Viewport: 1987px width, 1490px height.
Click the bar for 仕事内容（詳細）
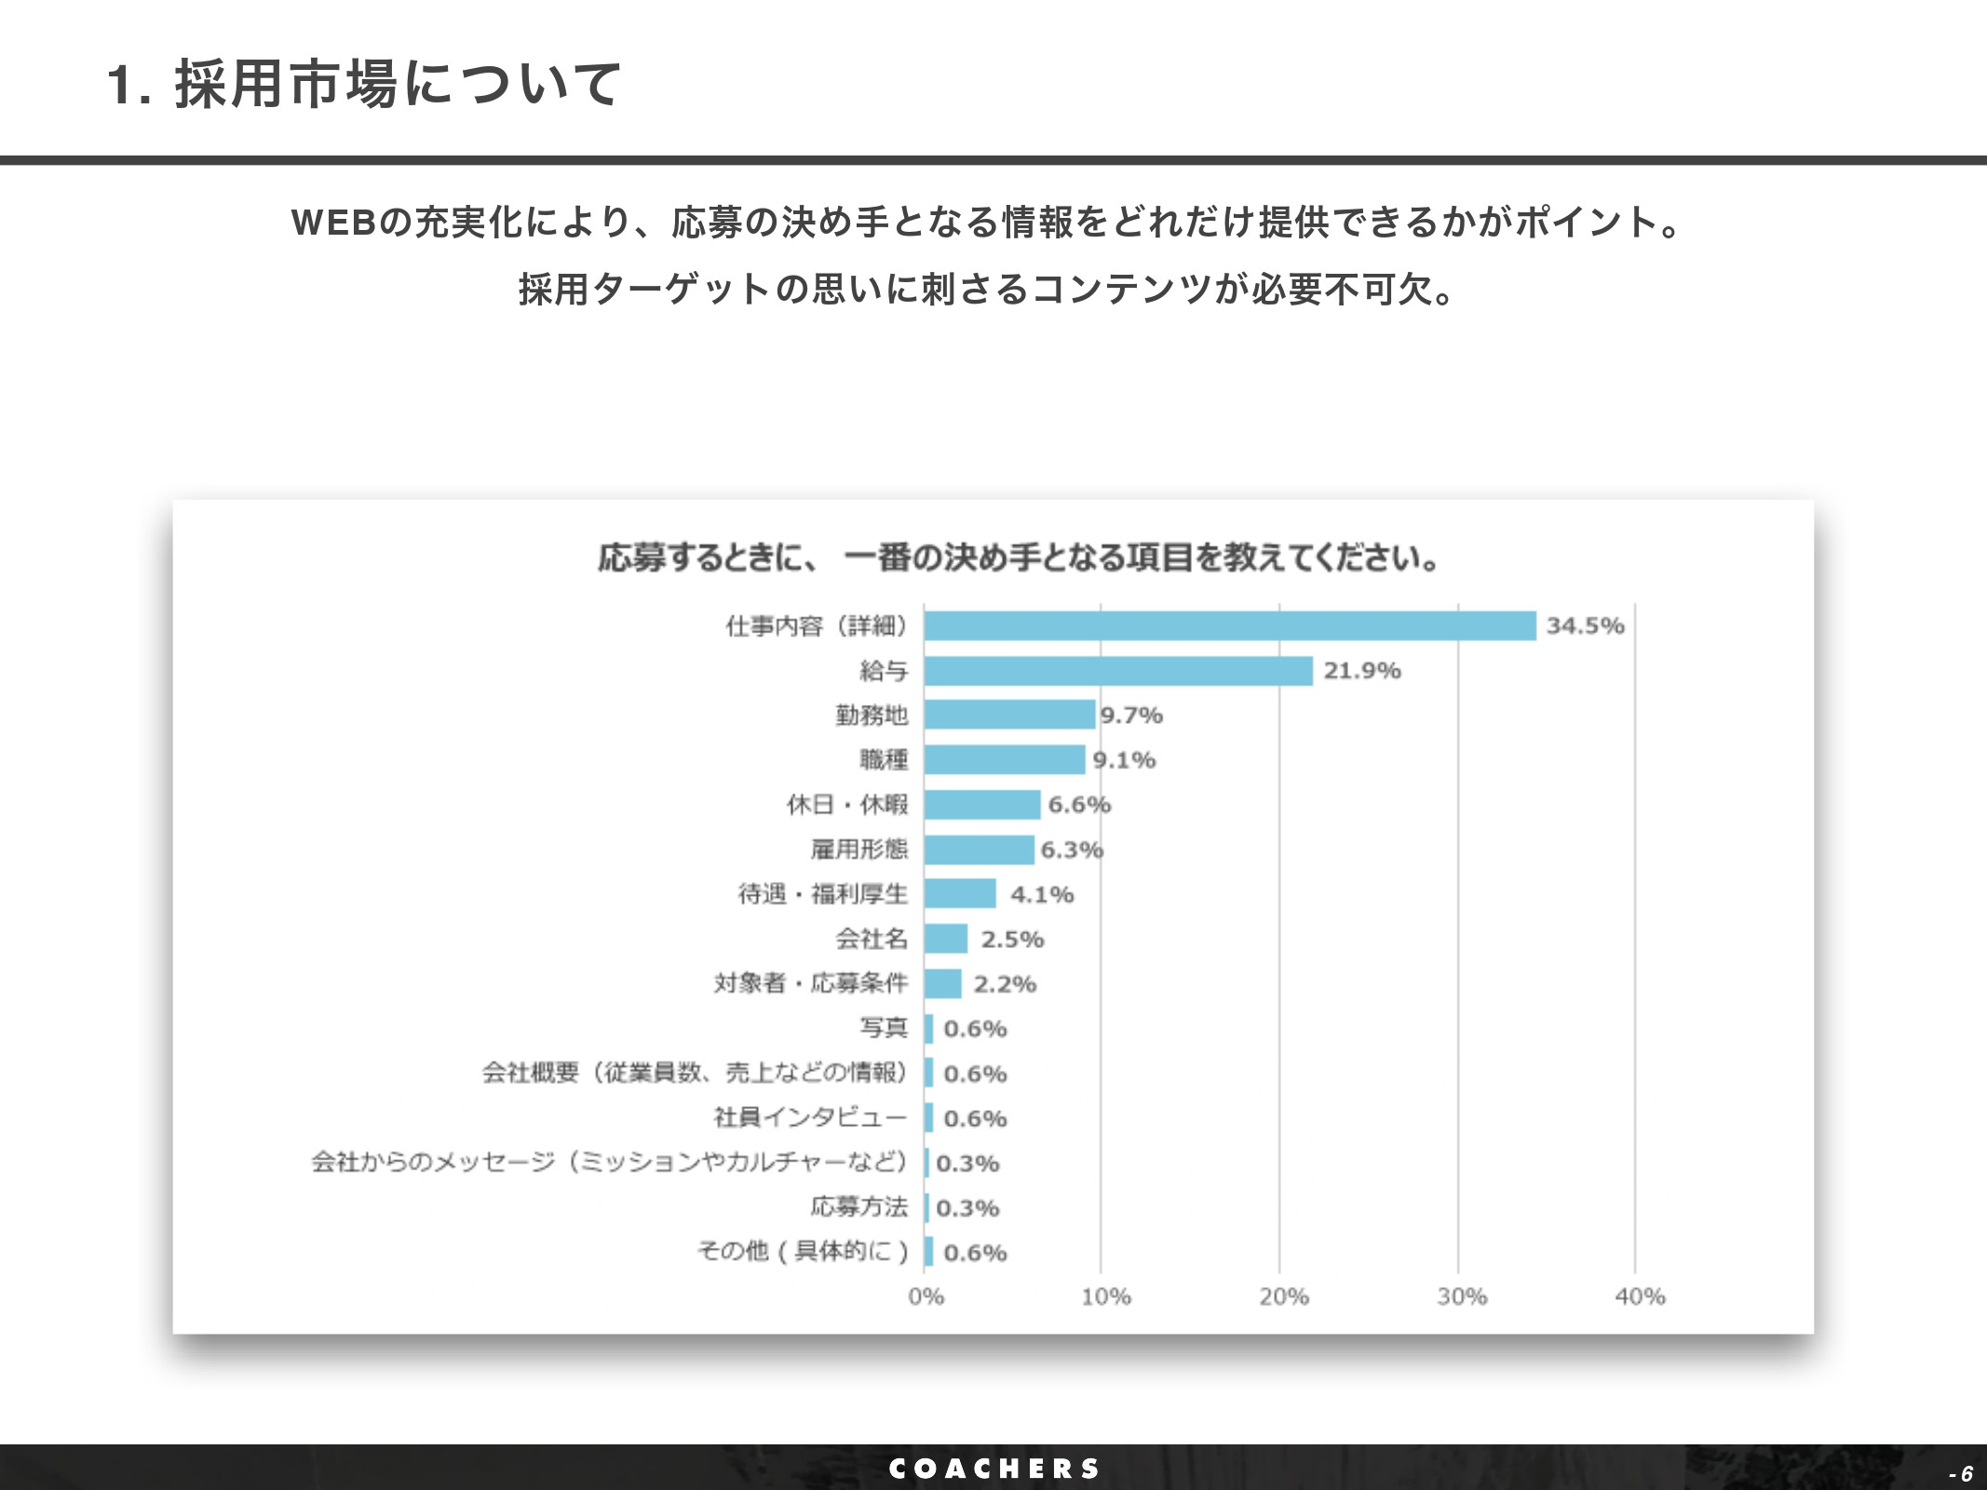[1229, 626]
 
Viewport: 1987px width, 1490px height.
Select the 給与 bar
[1118, 670]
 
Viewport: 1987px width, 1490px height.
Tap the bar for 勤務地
[1009, 715]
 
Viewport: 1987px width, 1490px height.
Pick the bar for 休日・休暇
[982, 805]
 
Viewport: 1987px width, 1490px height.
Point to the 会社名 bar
[946, 939]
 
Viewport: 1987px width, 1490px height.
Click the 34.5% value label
[1585, 626]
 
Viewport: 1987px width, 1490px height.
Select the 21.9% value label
[1361, 670]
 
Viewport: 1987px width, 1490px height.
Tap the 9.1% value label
[1124, 760]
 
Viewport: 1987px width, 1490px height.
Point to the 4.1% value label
[1042, 895]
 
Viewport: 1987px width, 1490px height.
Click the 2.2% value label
[1005, 984]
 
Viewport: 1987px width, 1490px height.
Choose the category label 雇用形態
[858, 849]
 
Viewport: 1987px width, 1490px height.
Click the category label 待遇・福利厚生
[822, 894]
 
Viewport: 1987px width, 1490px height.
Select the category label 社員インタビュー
[810, 1117]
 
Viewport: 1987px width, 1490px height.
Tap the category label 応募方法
[858, 1207]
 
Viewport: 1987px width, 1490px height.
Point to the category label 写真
[883, 1028]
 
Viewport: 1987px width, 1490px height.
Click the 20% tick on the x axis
[1283, 1296]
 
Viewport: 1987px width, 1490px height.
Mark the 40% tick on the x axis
[1639, 1296]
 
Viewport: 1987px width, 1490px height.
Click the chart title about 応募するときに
[1018, 558]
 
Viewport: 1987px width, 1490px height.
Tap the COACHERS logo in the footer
[993, 1469]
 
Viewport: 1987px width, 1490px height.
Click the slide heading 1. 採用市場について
[363, 84]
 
